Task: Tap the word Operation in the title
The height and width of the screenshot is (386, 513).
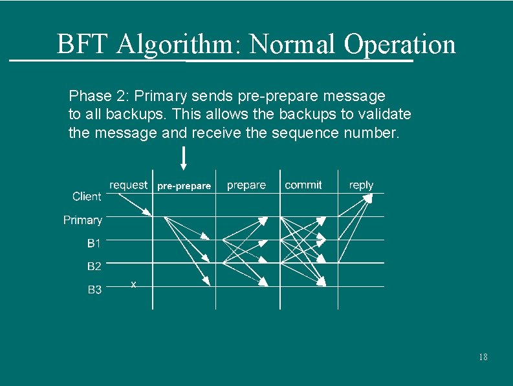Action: click(x=400, y=45)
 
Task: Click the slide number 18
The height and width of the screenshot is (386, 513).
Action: click(x=483, y=358)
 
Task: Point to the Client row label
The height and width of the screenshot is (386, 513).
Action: click(x=87, y=196)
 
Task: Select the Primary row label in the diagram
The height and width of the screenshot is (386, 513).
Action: click(x=83, y=220)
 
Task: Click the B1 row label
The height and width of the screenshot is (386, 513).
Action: click(x=94, y=244)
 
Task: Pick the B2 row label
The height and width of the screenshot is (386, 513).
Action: click(x=94, y=266)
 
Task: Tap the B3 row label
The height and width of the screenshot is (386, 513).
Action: click(x=94, y=289)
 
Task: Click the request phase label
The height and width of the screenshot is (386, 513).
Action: click(x=129, y=185)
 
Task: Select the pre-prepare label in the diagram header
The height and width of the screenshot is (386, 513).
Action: click(x=184, y=186)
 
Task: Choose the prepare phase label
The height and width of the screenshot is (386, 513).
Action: click(x=246, y=185)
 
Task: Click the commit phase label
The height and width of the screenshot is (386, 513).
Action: click(x=303, y=185)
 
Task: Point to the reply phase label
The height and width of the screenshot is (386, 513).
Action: click(x=361, y=185)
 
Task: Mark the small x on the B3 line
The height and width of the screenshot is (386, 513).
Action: click(x=133, y=284)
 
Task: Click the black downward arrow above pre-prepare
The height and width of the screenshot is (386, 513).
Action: click(x=184, y=159)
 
